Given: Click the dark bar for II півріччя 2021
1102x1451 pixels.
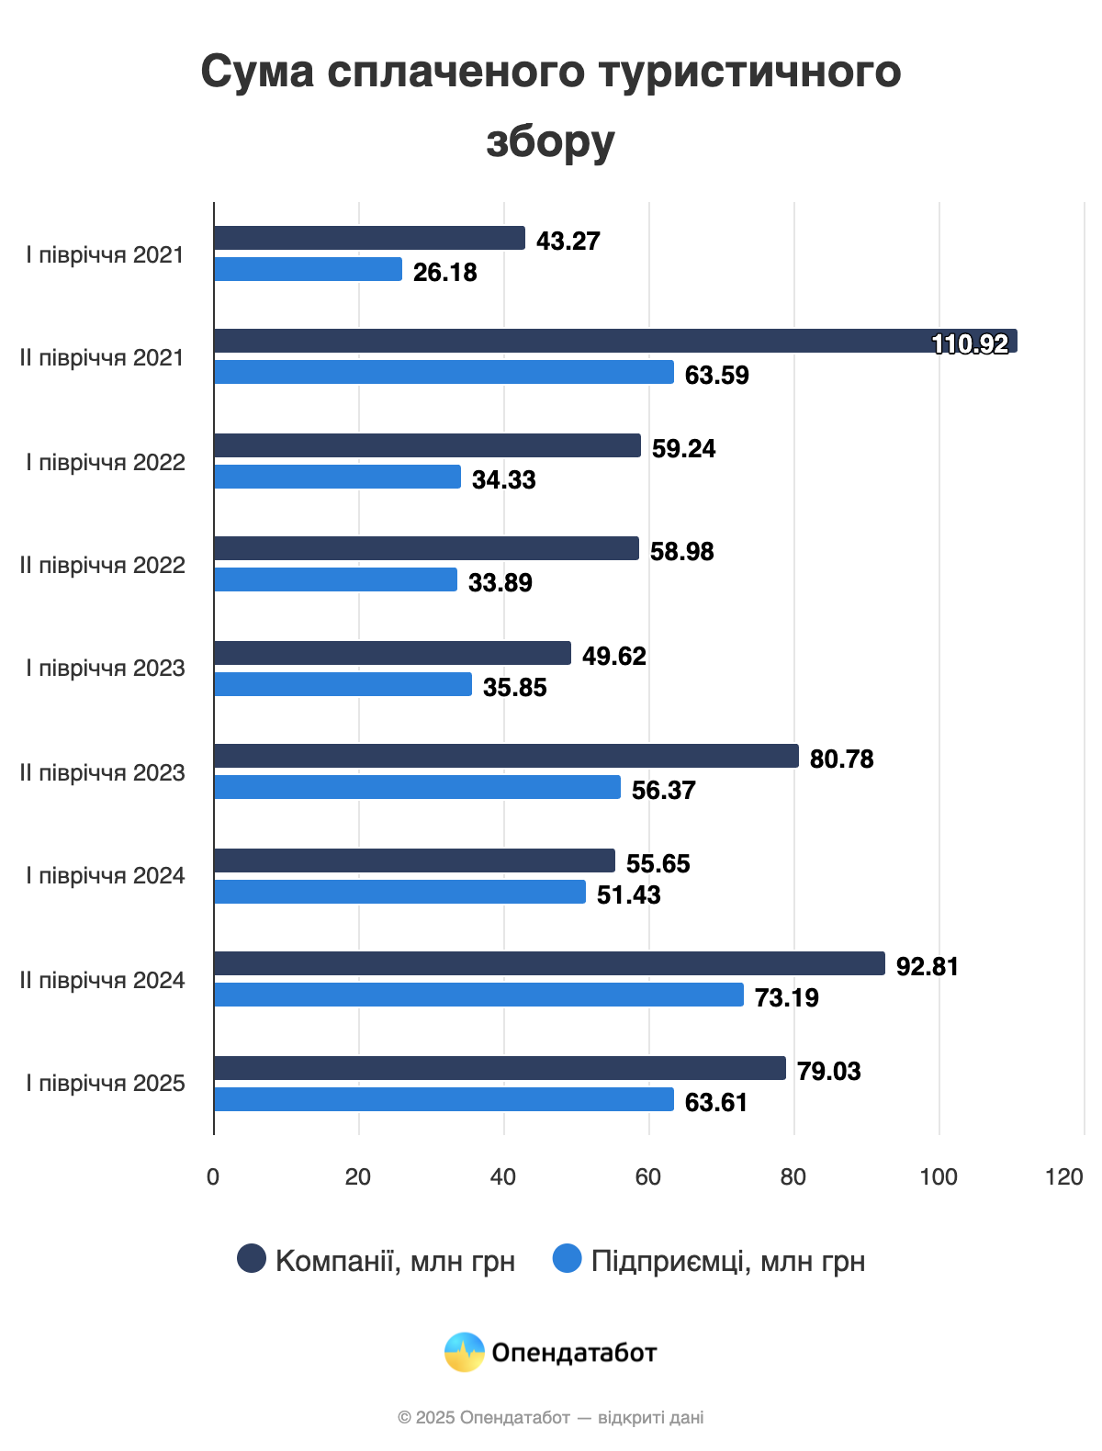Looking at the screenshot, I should coord(615,341).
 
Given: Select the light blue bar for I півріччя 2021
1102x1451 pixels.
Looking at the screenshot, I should coord(309,269).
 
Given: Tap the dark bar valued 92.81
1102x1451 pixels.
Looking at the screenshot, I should coord(549,963).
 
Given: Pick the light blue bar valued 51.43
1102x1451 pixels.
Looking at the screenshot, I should coord(400,892).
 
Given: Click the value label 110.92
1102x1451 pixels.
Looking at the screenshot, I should coord(970,343).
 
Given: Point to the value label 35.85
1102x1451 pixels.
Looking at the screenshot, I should coord(514,687).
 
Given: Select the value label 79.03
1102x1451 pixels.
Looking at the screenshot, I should coord(828,1071).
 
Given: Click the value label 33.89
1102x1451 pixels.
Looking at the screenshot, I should coord(500,582).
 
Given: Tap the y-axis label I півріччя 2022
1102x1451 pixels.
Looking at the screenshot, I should coord(106,462).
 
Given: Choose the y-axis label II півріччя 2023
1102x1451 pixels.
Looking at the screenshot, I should coord(103,772).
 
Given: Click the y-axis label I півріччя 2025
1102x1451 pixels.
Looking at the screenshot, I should coord(106,1083).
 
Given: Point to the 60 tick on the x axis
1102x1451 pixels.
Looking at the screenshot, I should coord(648,1176).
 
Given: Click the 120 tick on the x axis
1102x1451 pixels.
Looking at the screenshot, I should coord(1064,1176).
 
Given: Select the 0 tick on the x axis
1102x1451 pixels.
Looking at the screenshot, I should coord(213,1176).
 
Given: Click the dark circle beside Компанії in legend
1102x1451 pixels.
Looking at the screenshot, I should coord(252,1259).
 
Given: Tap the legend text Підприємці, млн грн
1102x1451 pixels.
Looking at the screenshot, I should coord(727,1261).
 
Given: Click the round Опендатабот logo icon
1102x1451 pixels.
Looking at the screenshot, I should coord(465,1352).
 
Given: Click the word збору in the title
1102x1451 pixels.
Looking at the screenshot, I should coord(550,141).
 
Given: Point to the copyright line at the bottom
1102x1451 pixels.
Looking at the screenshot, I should coord(550,1417).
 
